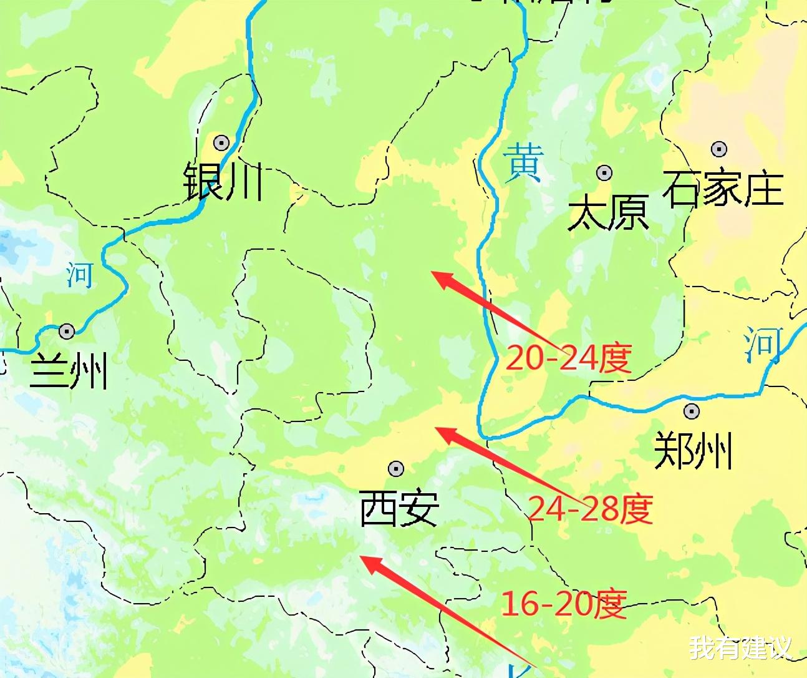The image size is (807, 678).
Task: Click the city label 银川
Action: pos(223,182)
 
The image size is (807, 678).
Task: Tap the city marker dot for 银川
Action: pos(221,143)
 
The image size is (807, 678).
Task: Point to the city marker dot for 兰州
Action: pos(67,331)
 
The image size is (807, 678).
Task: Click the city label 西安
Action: pos(400,508)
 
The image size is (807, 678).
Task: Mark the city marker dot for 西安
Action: pos(396,468)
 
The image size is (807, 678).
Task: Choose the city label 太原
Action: pos(608,212)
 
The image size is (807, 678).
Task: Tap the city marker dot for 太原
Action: pos(604,173)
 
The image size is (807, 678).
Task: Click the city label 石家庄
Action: pos(723,189)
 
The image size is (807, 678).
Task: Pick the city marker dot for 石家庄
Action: pos(719,149)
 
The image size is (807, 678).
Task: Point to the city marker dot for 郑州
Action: pos(691,411)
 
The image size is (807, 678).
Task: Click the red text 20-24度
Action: pos(568,358)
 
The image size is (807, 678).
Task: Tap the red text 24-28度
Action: pos(590,508)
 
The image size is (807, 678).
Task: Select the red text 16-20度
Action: pos(564,604)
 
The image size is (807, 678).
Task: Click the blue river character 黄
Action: pos(524,162)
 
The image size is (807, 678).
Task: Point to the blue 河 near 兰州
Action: pos(80,275)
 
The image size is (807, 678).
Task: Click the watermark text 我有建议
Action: pos(740,647)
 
